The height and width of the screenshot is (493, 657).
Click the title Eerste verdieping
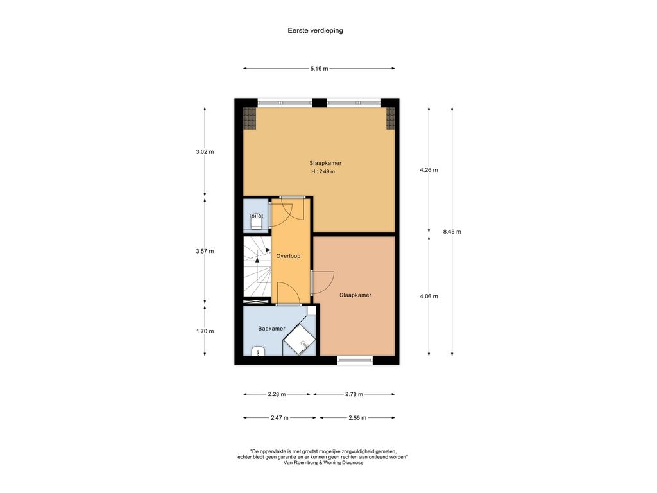pos(315,30)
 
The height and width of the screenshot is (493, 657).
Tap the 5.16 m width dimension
pos(319,68)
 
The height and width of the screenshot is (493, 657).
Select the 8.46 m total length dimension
pos(452,231)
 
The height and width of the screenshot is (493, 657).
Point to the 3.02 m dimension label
pos(205,151)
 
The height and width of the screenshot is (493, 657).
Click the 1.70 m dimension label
pos(205,331)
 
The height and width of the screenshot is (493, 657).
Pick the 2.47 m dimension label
pos(280,417)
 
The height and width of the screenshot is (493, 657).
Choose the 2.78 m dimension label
pos(354,394)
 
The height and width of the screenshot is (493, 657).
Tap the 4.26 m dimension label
pos(429,169)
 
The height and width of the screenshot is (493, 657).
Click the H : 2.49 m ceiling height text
pos(323,171)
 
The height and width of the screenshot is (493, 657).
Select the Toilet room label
pos(255,216)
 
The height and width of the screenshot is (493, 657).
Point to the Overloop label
pos(288,256)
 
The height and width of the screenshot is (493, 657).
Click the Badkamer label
pos(271,329)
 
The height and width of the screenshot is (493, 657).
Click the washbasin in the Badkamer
pos(258,351)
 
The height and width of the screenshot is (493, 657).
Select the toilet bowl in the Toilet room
pos(256,223)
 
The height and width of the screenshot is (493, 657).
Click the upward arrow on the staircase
pos(257,259)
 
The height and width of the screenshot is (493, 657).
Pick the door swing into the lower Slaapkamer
pos(323,282)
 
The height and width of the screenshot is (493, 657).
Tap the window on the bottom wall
pos(355,359)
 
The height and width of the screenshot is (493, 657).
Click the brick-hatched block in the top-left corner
pos(250,118)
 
